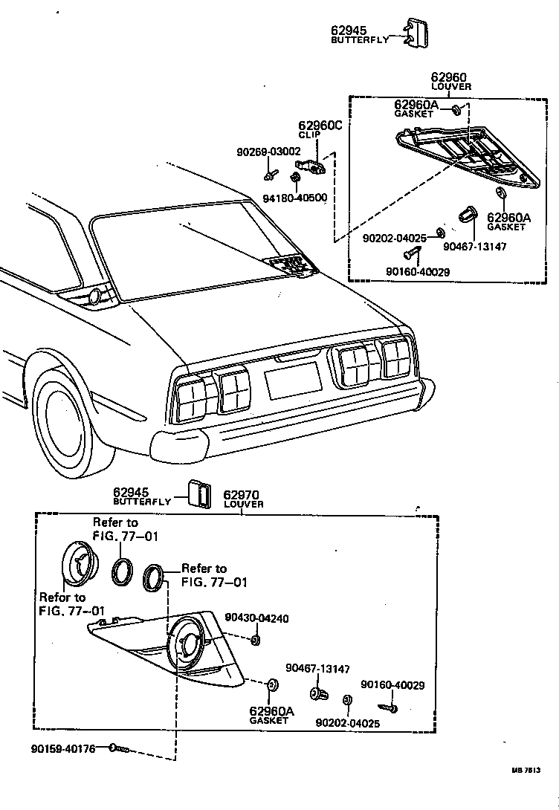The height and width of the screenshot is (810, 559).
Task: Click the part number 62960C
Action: pos(320,126)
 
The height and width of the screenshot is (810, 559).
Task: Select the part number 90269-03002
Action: pos(268,152)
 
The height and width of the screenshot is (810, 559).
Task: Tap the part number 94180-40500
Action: pos(295,198)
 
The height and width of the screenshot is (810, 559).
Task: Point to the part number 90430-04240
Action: pos(256,618)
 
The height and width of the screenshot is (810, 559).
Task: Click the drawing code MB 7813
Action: pos(525,770)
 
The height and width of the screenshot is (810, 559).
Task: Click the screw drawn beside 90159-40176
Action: pos(119,749)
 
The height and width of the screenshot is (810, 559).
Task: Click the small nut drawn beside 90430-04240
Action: pos(256,640)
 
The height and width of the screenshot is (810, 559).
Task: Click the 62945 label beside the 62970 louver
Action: pos(131,492)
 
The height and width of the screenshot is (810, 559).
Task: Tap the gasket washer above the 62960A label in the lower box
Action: pos(272,686)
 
